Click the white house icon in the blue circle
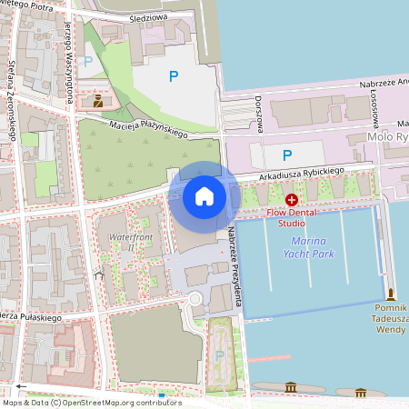(x=204, y=195)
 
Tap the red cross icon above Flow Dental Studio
(x=291, y=199)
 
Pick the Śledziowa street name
(x=149, y=16)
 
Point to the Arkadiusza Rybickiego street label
(x=300, y=170)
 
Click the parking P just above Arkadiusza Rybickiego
(x=287, y=155)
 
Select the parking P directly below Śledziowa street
(x=174, y=78)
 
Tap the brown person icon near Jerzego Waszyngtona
(x=97, y=100)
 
